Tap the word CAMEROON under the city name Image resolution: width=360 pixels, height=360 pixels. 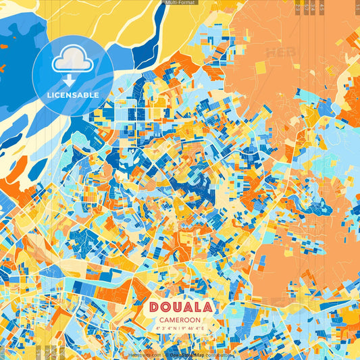180,320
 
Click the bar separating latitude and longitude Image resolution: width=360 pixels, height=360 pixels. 180,329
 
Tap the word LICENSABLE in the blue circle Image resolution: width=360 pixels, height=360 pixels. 72,95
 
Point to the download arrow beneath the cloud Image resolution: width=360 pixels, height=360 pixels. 72,80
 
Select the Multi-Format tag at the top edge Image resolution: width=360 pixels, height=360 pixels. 180,3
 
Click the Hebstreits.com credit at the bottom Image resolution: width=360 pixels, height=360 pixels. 145,355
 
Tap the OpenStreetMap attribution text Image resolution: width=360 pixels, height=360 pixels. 187,355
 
